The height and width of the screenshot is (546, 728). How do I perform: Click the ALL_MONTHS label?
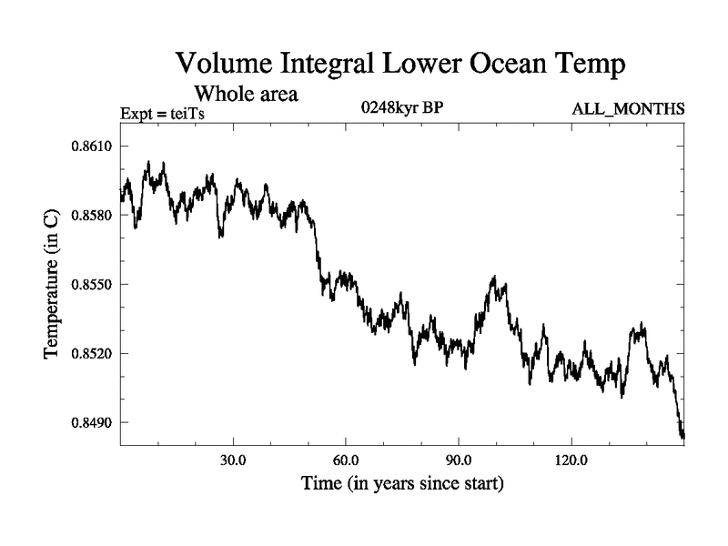click(628, 109)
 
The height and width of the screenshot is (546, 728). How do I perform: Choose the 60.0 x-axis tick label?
click(346, 460)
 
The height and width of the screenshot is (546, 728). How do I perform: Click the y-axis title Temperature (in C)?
click(52, 283)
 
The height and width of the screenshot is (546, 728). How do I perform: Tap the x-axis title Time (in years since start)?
click(402, 482)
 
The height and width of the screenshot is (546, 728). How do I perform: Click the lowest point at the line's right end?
click(682, 438)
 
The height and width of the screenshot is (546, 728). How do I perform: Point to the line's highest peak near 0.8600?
click(163, 164)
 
